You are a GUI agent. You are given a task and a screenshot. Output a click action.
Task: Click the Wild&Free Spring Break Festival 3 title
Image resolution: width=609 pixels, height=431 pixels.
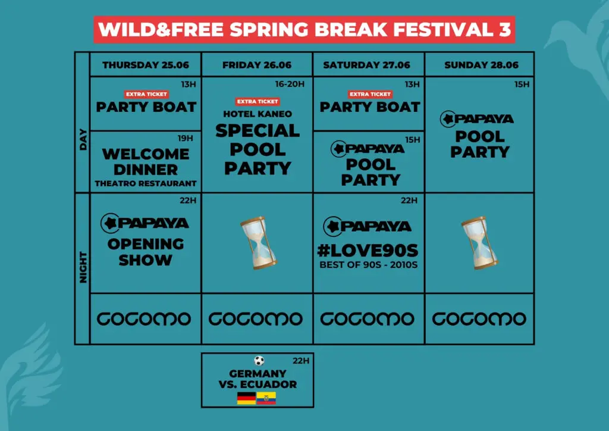(x=304, y=30)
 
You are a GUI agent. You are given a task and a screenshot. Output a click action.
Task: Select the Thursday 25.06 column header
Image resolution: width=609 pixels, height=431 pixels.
(x=146, y=65)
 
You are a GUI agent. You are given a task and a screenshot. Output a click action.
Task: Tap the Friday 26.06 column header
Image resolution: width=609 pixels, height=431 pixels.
(x=257, y=65)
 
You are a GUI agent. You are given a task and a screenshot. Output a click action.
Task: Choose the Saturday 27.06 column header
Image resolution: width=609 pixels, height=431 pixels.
(x=366, y=65)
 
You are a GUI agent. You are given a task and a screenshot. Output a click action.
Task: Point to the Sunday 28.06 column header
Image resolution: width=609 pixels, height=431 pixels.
(x=481, y=65)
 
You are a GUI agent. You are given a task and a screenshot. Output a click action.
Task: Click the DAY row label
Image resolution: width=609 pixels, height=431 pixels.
(x=83, y=140)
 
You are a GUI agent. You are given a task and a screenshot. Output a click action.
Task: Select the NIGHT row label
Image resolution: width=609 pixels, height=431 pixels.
(x=83, y=267)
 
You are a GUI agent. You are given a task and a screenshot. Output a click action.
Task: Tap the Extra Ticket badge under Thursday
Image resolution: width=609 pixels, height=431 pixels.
(x=146, y=94)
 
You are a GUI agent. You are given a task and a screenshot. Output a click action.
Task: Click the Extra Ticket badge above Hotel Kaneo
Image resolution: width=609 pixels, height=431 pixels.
(x=258, y=101)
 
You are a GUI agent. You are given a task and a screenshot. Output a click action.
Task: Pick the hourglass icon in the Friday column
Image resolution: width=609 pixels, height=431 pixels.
(x=258, y=243)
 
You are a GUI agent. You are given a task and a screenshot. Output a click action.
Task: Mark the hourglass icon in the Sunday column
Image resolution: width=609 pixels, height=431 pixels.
(x=479, y=243)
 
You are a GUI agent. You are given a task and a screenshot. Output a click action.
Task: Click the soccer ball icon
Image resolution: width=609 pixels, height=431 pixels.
(x=259, y=361)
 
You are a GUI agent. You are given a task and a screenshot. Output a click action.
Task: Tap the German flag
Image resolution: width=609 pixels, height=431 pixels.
(x=246, y=398)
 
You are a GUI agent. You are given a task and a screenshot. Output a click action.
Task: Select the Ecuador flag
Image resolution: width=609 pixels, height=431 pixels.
(x=266, y=398)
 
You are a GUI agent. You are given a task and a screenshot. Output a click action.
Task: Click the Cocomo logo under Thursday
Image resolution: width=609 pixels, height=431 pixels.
(x=144, y=319)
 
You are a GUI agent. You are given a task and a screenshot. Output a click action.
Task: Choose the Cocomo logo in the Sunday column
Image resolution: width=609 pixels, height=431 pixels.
(x=479, y=319)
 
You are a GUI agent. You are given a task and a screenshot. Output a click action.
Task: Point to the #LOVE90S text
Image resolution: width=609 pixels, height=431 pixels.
(x=368, y=251)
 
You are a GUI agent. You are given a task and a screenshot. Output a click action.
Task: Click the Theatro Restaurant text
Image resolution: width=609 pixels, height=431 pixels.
(x=146, y=183)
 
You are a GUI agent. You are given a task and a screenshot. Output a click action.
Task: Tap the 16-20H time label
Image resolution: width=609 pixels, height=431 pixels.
(x=290, y=84)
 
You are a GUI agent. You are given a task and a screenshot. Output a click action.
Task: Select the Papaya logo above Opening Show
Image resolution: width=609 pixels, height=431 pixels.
(x=145, y=223)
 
